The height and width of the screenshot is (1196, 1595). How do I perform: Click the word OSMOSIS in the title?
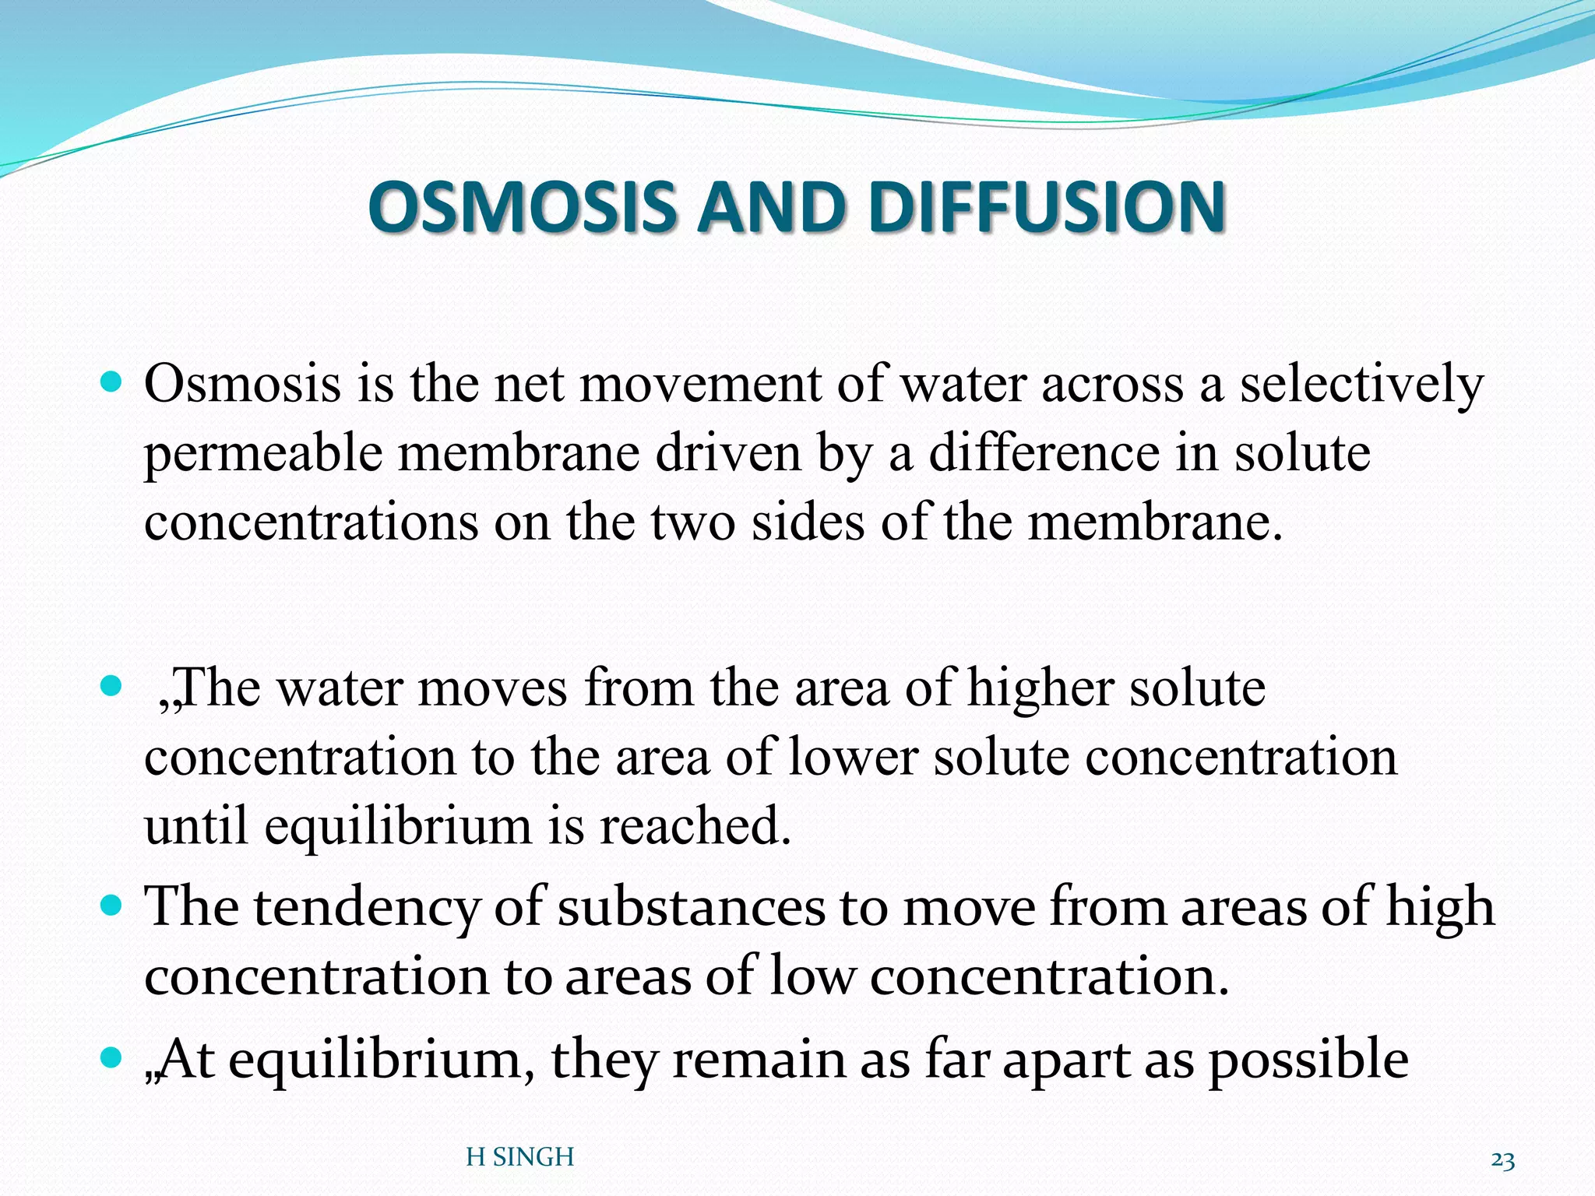(521, 207)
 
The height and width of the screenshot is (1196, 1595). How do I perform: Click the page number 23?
(1502, 1160)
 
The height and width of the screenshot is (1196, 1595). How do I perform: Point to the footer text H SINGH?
(519, 1157)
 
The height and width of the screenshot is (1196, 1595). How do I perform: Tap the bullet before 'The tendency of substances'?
(112, 906)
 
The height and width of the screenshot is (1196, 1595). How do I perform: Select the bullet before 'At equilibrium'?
(112, 1058)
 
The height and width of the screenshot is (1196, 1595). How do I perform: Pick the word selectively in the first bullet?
(1361, 385)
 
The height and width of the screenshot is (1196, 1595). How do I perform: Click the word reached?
(695, 825)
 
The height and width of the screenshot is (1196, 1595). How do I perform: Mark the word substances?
(691, 908)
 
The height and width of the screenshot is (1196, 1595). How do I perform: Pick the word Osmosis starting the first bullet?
(242, 385)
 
